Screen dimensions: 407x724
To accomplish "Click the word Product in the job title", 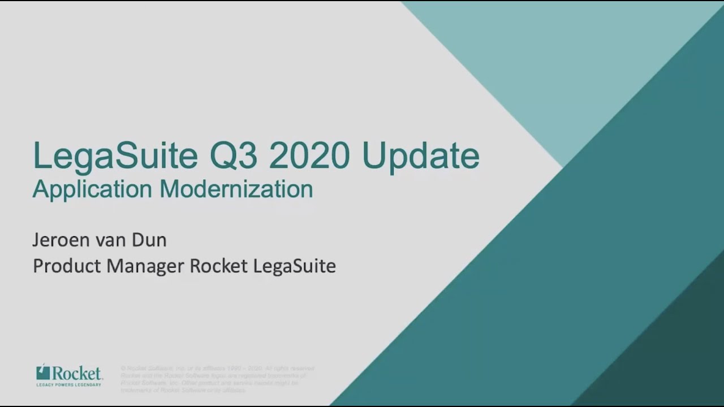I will [67, 266].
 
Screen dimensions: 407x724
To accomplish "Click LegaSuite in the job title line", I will [294, 266].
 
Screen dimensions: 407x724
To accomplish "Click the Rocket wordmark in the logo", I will [76, 373].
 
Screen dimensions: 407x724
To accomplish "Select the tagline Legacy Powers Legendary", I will [68, 384].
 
